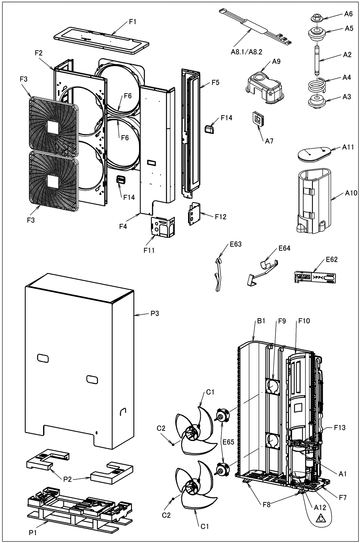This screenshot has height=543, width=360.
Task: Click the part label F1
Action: click(133, 22)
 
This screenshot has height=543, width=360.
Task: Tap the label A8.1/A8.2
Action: click(246, 52)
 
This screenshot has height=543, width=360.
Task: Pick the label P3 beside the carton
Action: click(155, 314)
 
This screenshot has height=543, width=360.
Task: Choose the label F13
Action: click(340, 428)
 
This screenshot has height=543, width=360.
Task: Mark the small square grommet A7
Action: click(258, 119)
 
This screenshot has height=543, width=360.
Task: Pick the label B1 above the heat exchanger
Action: click(261, 321)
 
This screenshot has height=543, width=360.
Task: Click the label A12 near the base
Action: click(320, 507)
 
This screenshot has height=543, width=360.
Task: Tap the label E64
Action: click(285, 248)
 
